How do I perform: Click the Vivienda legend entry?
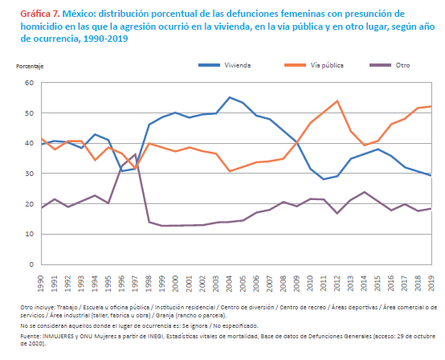224,65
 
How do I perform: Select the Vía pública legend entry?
314,65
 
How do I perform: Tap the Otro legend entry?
390,65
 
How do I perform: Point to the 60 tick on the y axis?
29,83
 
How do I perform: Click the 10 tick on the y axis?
29,234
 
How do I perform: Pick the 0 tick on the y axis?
31,264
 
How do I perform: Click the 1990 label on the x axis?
41,284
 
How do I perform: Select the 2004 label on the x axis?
229,284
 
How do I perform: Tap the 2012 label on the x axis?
337,284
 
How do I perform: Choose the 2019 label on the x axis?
431,284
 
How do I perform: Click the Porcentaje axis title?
30,67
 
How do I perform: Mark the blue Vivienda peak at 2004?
230,97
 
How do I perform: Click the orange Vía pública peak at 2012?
337,100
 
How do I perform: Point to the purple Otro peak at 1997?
136,154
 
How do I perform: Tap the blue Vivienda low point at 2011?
324,179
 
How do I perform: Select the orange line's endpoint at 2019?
431,106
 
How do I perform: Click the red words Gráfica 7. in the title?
40,14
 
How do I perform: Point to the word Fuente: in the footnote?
31,337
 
